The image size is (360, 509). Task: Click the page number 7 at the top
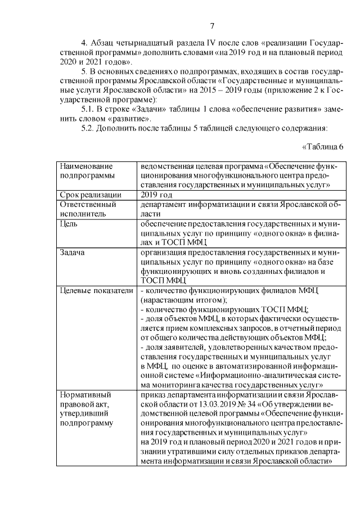(212, 26)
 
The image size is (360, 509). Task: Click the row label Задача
(72, 252)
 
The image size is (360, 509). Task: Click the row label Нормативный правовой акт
(85, 408)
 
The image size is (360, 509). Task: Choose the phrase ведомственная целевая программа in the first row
(200, 166)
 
